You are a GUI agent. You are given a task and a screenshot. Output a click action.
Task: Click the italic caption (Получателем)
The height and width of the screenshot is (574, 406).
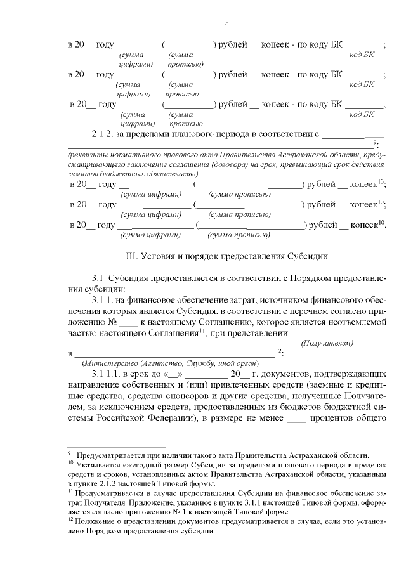[x=327, y=343]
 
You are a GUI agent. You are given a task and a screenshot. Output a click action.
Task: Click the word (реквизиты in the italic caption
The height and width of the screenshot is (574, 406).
[x=88, y=155]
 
